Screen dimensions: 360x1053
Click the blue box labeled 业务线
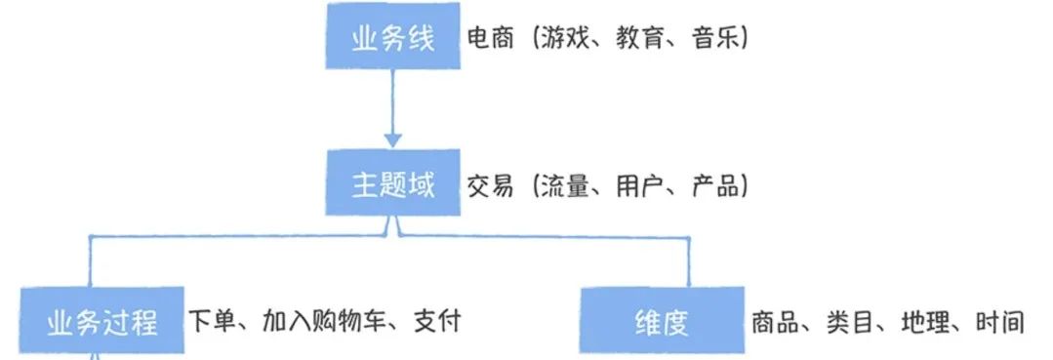pos(392,39)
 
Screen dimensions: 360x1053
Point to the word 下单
pos(211,320)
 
